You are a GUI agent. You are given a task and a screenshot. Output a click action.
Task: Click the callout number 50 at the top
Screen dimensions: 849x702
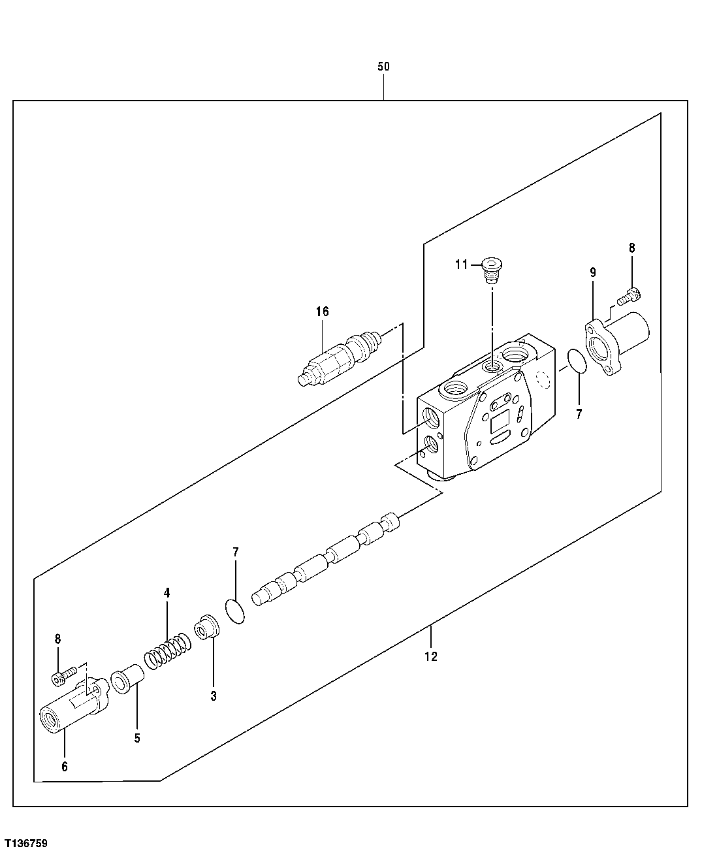coord(383,67)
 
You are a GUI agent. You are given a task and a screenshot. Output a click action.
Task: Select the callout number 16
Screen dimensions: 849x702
coord(322,312)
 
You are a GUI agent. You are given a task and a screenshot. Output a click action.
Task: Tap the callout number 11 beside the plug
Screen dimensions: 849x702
coord(462,264)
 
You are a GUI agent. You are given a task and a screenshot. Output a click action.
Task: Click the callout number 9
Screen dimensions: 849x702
coord(593,272)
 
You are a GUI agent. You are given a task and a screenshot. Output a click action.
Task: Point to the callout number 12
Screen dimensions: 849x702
coord(431,656)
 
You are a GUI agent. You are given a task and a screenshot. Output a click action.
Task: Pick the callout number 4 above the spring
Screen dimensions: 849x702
coord(167,593)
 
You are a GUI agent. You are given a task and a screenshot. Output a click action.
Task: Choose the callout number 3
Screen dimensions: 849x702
coord(214,696)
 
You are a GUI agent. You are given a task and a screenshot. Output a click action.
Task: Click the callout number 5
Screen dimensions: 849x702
coord(137,739)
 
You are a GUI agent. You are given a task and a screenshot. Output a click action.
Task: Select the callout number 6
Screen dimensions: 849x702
coord(65,767)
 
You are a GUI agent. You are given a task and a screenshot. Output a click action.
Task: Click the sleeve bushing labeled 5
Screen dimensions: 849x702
coord(125,679)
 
